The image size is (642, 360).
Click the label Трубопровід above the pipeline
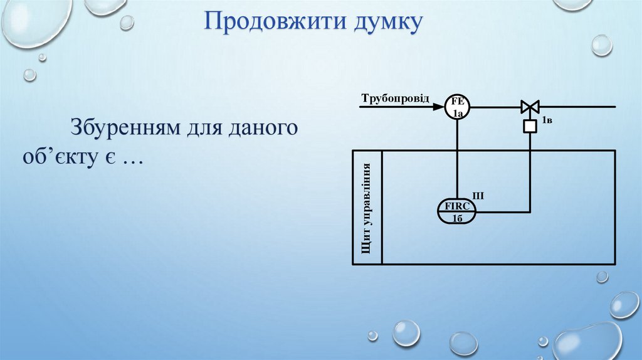pos(396,98)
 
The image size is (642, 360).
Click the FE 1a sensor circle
pos(458,107)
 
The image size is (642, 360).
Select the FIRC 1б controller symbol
pos(457,212)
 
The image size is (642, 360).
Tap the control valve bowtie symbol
pos(530,107)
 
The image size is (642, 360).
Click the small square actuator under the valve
pos(530,127)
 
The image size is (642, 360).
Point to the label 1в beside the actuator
pos(546,120)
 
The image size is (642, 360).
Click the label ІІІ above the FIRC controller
pos(478,196)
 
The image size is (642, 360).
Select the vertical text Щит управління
pos(366,207)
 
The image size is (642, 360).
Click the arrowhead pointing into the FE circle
pos(439,107)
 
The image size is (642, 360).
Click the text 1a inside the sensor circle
pos(458,114)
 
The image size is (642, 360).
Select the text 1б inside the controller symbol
pos(457,218)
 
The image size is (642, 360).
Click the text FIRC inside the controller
pos(457,206)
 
